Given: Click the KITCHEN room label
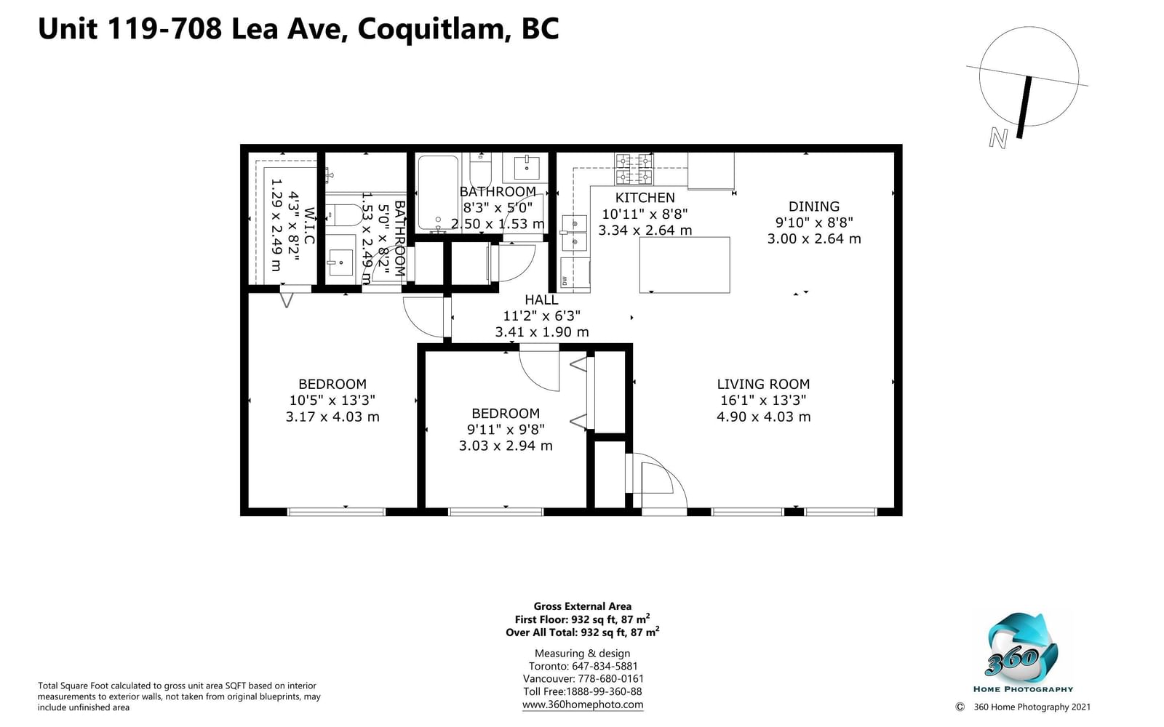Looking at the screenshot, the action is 645,198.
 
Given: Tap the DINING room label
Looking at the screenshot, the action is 814,206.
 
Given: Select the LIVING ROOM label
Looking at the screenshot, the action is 763,385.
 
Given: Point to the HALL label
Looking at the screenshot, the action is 541,300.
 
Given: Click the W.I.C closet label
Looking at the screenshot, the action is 309,226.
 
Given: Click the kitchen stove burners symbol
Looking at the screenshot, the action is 634,169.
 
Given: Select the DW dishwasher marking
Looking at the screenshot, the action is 565,281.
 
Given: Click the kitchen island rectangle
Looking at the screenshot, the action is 685,265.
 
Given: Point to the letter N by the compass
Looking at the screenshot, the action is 997,138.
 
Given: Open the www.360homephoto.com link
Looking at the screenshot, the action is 583,704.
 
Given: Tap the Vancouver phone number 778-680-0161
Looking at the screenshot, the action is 610,679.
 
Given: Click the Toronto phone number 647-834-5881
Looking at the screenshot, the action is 605,666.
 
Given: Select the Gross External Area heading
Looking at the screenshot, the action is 583,606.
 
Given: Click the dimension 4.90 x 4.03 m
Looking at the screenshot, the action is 763,417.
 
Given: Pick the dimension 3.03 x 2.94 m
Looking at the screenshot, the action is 506,446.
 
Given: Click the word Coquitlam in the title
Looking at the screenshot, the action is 431,29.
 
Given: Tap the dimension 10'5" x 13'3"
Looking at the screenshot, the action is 332,401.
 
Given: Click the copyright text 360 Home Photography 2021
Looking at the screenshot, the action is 1032,707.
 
